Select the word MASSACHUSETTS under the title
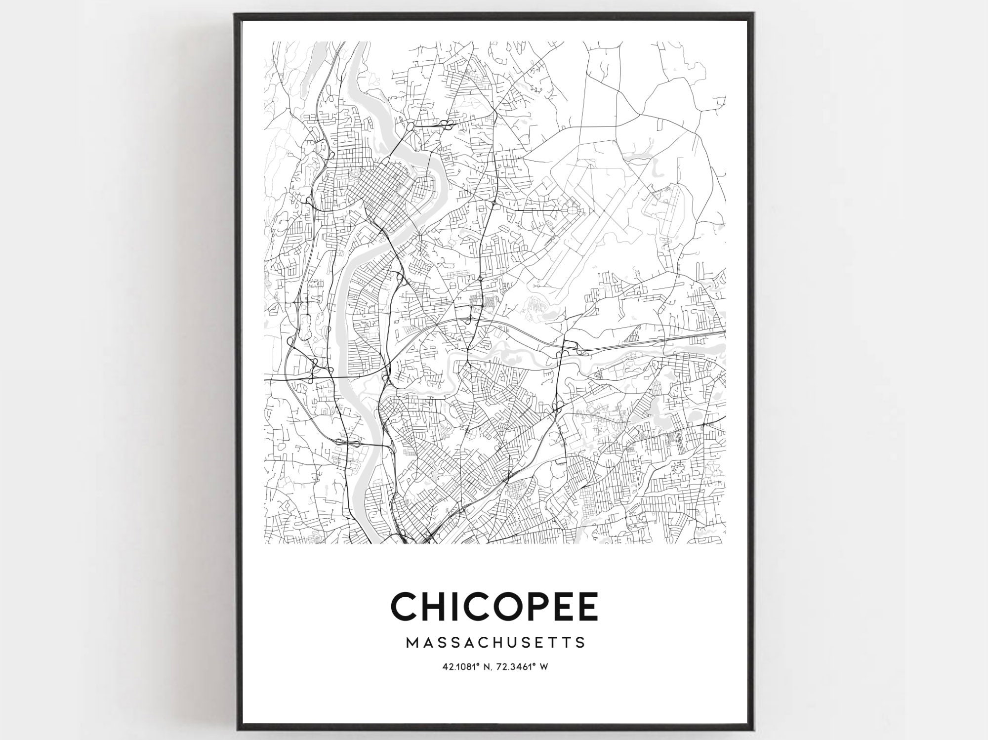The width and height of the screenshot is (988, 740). click(495, 643)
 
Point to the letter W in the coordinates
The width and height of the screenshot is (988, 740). click(544, 667)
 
